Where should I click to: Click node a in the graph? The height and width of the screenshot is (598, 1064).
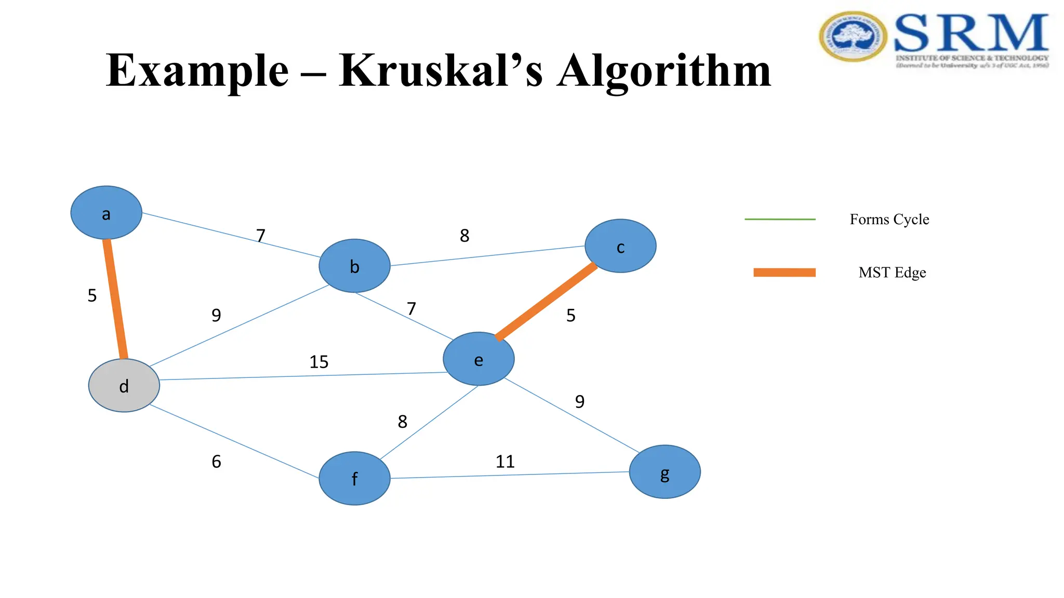[106, 213]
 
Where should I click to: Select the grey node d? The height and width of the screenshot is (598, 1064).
[124, 386]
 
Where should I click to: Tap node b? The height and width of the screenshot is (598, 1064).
[354, 266]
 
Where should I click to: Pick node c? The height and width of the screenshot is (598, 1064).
[620, 246]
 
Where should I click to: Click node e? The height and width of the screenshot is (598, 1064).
[478, 359]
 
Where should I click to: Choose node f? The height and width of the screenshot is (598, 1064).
[354, 478]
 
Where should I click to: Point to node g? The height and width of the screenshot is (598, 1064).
[664, 472]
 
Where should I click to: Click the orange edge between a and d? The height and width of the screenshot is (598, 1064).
[115, 299]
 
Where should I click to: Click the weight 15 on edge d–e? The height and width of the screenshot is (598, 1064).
[318, 362]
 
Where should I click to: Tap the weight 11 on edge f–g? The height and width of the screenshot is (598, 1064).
[504, 461]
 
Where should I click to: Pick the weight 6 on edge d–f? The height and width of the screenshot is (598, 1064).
[216, 461]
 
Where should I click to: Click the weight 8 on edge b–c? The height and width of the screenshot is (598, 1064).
[464, 236]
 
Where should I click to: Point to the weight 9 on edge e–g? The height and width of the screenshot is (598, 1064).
[579, 401]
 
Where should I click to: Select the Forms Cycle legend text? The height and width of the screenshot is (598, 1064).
[889, 220]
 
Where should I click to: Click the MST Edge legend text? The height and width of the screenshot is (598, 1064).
[892, 273]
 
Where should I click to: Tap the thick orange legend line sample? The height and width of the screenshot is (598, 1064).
[784, 273]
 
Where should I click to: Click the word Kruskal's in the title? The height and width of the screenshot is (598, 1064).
[441, 71]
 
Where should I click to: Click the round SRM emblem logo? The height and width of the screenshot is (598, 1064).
[853, 37]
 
